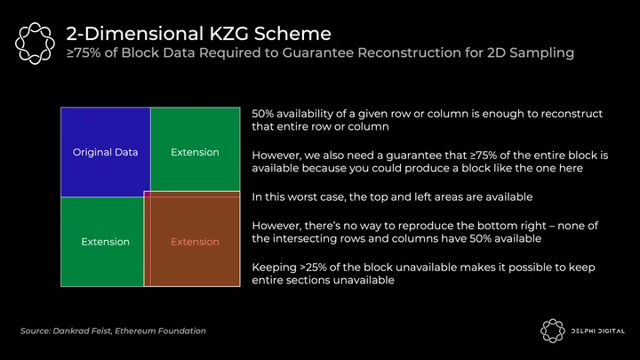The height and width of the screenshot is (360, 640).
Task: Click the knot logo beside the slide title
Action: [35, 44]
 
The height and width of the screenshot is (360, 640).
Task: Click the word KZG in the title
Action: [228, 34]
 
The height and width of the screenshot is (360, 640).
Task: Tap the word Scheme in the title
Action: [292, 34]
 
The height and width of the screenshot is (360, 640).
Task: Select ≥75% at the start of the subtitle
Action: [84, 52]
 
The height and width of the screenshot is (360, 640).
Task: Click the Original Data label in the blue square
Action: [105, 152]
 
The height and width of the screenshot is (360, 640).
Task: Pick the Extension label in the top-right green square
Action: [195, 152]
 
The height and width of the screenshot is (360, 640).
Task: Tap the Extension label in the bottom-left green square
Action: [105, 242]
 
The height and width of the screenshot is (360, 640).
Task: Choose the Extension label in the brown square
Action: [195, 242]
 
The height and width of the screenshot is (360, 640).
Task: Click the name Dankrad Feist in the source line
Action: [82, 331]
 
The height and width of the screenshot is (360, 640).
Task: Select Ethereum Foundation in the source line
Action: [160, 331]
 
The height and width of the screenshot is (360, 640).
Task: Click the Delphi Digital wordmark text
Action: [597, 331]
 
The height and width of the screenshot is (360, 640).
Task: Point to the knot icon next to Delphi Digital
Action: [553, 331]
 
